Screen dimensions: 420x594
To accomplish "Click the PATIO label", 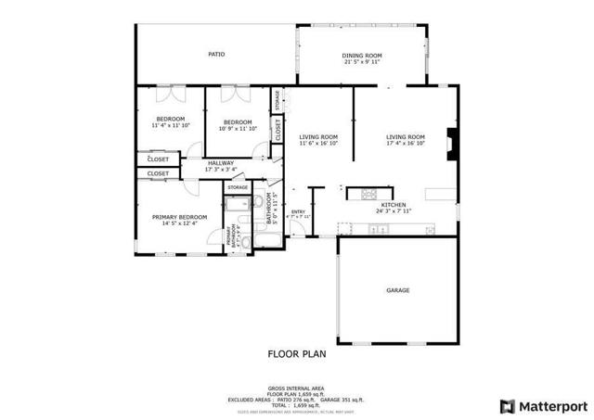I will click(x=216, y=55).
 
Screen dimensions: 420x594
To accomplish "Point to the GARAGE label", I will click(x=398, y=290).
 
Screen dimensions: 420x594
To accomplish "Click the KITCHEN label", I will click(x=393, y=204).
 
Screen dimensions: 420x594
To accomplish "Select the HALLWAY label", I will click(x=220, y=163).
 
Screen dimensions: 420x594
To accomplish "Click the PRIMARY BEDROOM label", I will click(x=179, y=217).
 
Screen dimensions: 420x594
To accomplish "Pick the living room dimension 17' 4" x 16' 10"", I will click(x=406, y=144).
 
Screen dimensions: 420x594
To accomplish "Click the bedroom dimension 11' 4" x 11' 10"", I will click(x=170, y=125).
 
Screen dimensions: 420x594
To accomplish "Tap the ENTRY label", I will click(x=298, y=211).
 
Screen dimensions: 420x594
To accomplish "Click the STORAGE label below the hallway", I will click(x=238, y=188).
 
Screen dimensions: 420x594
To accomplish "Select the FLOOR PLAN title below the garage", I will click(x=296, y=353).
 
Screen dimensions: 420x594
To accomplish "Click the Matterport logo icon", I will click(x=506, y=405).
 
